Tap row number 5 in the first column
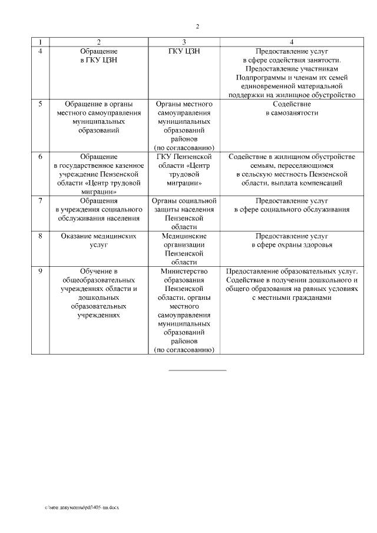[x=40, y=104]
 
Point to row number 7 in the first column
[x=40, y=201]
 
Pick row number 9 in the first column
[x=40, y=272]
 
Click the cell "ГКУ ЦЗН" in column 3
[x=184, y=51]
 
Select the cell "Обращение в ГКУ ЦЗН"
[x=98, y=55]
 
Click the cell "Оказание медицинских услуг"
[x=98, y=240]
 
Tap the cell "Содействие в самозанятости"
[x=292, y=108]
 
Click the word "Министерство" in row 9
[x=184, y=272]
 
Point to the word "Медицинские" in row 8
[x=184, y=236]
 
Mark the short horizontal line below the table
[x=197, y=370]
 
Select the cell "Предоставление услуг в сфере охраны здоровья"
[x=292, y=240]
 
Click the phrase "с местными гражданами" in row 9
[x=292, y=298]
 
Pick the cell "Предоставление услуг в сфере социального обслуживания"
[x=292, y=205]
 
